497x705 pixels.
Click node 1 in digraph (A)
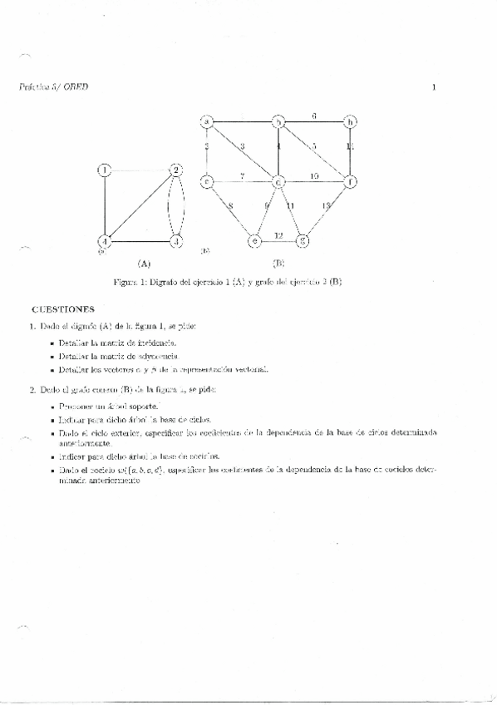[x=104, y=170]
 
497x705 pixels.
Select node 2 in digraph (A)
[x=175, y=170]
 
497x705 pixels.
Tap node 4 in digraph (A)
[x=104, y=242]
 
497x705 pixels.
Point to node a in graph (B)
[x=206, y=122]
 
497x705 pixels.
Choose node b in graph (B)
[x=279, y=122]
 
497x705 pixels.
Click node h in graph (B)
[x=352, y=122]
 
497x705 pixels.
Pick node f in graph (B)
[x=352, y=180]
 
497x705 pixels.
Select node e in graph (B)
[x=255, y=242]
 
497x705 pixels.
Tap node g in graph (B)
[x=303, y=242]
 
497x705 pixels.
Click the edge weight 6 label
[x=314, y=116]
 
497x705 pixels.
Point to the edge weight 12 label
[x=279, y=235]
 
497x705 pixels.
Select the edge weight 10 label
[x=315, y=175]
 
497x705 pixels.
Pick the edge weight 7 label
[x=242, y=175]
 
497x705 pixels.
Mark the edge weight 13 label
[x=326, y=205]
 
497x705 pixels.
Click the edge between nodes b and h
[x=316, y=123]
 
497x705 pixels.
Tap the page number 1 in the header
[x=434, y=86]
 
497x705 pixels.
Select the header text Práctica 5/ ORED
[x=52, y=86]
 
